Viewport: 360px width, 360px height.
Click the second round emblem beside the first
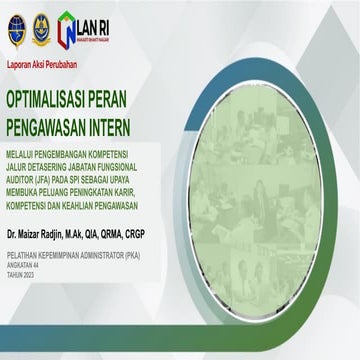[x=41, y=28]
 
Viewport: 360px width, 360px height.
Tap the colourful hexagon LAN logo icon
[x=68, y=28]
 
